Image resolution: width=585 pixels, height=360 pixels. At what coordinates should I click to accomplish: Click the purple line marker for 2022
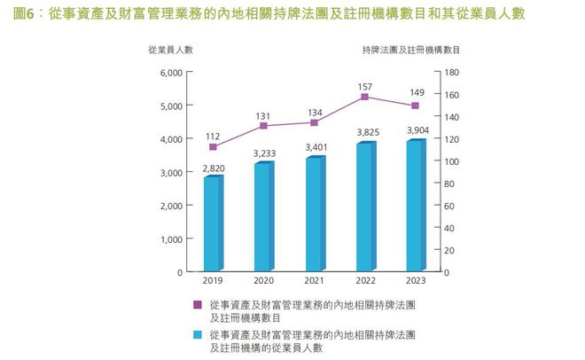(364, 97)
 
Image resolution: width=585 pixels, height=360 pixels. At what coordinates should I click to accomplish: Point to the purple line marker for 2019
(213, 146)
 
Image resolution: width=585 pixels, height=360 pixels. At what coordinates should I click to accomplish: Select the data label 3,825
(364, 132)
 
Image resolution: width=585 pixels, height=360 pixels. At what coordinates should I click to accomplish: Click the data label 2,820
(213, 166)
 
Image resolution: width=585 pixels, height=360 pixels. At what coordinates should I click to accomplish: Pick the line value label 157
(364, 85)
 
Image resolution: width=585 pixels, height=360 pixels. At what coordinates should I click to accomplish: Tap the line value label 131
(263, 115)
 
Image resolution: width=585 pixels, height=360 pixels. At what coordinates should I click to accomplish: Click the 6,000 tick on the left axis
(167, 72)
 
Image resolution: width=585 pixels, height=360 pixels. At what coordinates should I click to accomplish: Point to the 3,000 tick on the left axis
(167, 172)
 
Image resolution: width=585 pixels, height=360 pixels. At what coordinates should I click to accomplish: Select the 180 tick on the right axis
(452, 72)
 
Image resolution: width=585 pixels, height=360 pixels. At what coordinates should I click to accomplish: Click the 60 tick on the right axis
(449, 206)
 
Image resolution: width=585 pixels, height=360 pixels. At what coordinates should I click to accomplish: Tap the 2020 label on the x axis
(263, 280)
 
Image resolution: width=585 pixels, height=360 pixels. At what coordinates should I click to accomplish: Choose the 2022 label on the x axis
(364, 280)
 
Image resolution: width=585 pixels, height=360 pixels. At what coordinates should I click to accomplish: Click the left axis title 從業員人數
(170, 51)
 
